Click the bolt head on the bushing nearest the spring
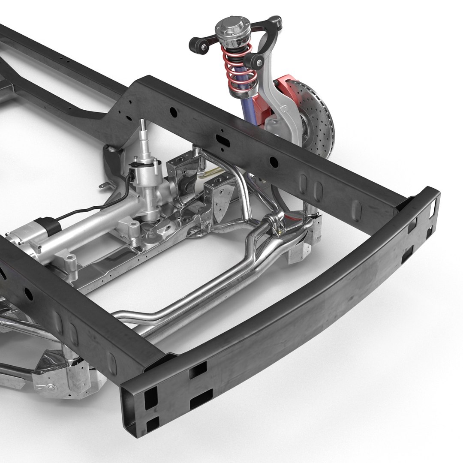tap(260, 63)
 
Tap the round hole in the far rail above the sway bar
tap(272, 161)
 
